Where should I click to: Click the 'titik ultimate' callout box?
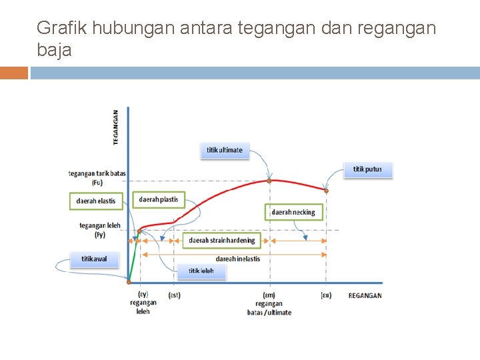tap(225, 150)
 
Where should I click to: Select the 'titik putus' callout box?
tap(368, 169)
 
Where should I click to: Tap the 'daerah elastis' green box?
tap(96, 201)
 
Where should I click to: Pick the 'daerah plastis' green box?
tap(159, 199)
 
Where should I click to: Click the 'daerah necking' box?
tap(293, 212)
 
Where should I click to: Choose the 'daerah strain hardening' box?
tap(222, 240)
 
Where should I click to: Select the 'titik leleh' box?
tap(201, 271)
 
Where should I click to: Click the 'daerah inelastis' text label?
tap(238, 259)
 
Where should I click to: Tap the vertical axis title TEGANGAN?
tap(116, 127)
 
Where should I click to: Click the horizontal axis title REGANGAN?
tap(365, 295)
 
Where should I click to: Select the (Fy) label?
tap(99, 235)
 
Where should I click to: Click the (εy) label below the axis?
tap(143, 294)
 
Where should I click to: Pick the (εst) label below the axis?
tap(174, 295)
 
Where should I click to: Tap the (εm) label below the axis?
tap(269, 295)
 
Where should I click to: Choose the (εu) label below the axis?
tap(326, 295)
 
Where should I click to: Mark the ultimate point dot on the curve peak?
tap(269, 180)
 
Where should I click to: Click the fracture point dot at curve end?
tap(327, 191)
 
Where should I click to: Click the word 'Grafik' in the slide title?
tap(62, 28)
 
